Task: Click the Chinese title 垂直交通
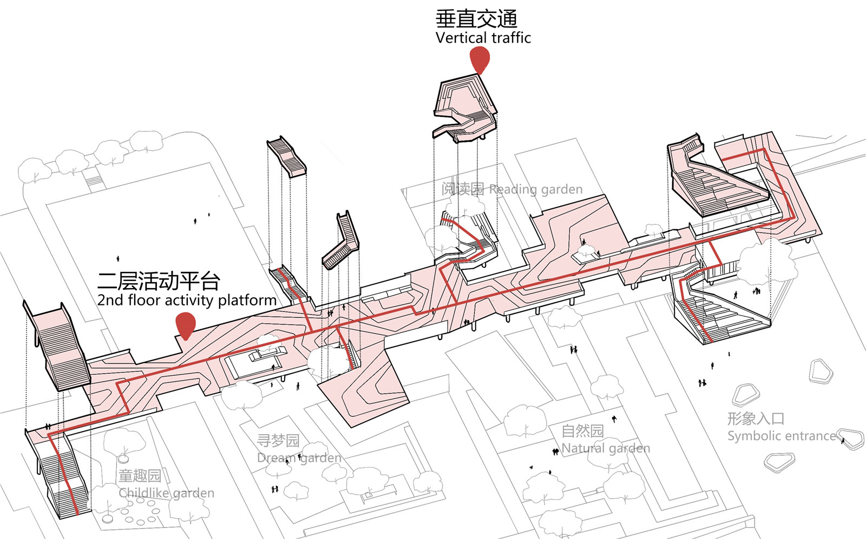(x=476, y=19)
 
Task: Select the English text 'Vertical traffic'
(x=483, y=38)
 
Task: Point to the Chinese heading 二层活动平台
(x=159, y=281)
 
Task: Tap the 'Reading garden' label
(x=535, y=189)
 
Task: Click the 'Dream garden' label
(x=299, y=458)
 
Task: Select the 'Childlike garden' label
(x=166, y=493)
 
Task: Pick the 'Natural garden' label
(x=606, y=448)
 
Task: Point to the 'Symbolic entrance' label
(x=781, y=436)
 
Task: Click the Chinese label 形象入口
(x=756, y=418)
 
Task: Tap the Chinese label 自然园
(x=582, y=431)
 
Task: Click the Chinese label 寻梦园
(x=278, y=441)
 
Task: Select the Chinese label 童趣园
(x=140, y=476)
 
